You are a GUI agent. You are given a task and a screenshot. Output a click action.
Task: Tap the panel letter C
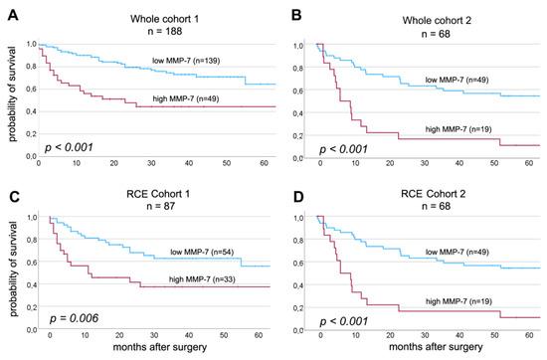[x=8, y=187]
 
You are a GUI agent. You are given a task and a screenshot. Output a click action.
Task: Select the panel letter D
[x=284, y=187]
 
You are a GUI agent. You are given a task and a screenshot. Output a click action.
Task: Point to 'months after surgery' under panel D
[x=430, y=351]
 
